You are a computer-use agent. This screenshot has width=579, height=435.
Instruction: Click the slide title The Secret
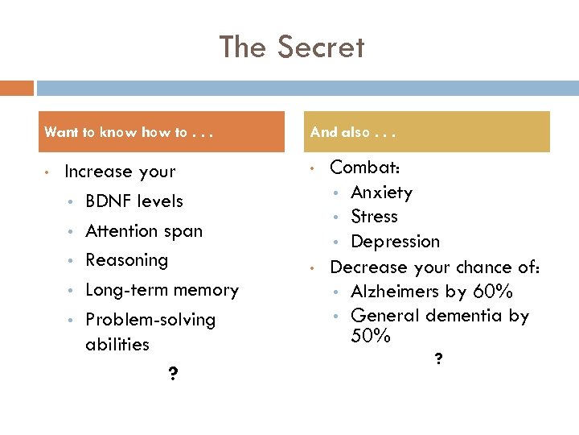[292, 48]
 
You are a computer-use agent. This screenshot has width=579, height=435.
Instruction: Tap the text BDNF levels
[133, 201]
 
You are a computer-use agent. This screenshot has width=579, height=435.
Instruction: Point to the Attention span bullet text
[143, 230]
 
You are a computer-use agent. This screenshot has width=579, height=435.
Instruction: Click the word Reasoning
[126, 259]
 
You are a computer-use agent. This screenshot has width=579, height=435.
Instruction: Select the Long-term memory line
[162, 289]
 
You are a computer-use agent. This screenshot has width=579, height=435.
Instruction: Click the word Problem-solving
[150, 319]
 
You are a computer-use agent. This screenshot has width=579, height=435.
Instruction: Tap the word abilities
[117, 344]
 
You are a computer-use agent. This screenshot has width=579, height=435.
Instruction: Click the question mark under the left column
[174, 374]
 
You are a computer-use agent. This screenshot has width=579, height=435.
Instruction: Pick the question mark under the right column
[437, 359]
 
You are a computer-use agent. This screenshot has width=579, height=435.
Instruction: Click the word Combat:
[366, 168]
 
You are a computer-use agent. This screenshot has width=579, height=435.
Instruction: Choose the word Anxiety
[382, 193]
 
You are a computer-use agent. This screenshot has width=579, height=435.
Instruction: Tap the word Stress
[375, 217]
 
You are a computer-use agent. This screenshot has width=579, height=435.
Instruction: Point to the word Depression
[396, 242]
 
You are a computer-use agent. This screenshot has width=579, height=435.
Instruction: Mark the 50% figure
[371, 336]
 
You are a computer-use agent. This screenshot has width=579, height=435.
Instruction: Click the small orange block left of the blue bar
[17, 88]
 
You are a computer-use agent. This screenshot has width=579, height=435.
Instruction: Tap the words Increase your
[120, 171]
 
